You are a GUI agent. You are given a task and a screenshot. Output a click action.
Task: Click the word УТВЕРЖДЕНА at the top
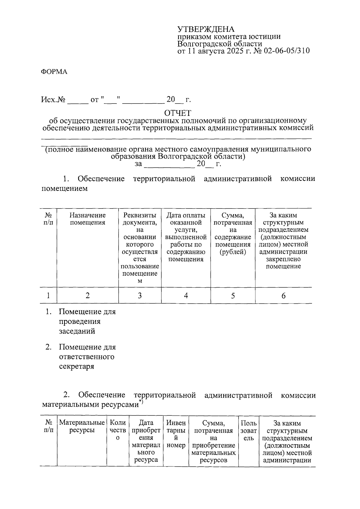pos(205,29)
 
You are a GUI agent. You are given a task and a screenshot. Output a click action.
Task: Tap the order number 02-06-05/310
pos(286,51)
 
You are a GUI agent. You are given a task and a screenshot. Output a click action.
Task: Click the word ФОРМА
pos(54,72)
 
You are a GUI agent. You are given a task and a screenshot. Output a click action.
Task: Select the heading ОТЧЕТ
pos(177,113)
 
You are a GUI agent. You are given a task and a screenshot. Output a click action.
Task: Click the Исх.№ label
pos(53,100)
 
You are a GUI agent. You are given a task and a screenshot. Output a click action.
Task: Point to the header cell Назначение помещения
pos(87,219)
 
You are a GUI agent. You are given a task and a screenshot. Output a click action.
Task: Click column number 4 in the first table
pos(186,296)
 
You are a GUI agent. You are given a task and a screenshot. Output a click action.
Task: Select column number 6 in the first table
pos(283,296)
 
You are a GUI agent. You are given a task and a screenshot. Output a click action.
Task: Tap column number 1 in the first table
pos(48,296)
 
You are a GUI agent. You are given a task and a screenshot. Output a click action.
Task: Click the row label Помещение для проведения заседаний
pos(87,322)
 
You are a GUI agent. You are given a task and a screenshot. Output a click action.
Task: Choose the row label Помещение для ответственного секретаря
pos(87,357)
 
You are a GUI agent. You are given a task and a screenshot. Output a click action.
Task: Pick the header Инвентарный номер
pos(176,434)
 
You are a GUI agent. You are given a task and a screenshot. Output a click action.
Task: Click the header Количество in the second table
pos(118,430)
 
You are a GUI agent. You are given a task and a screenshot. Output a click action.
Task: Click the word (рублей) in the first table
pos(232,252)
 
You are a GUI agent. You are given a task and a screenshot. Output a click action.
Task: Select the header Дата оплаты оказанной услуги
pos(186,237)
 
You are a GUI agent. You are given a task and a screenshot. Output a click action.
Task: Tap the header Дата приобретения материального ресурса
pos(146,441)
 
